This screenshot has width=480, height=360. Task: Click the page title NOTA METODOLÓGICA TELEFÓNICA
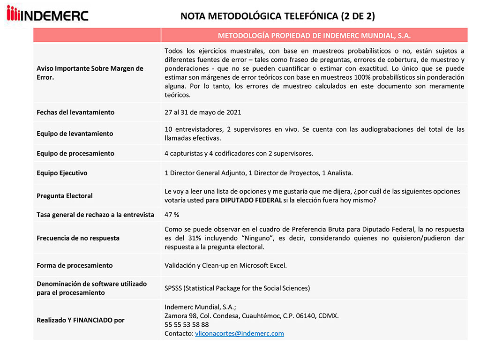pos(277,16)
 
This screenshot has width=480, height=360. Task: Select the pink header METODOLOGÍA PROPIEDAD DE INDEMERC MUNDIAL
pos(314,36)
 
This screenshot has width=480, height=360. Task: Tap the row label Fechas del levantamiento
pos(75,112)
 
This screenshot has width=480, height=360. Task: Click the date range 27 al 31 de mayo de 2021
pos(203,112)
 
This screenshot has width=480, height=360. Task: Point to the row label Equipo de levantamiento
pos(75,134)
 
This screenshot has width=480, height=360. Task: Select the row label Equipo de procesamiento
pos(75,153)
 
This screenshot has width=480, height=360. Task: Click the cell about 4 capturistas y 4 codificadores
pos(239,153)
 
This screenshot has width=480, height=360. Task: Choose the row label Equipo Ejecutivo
pos(62,173)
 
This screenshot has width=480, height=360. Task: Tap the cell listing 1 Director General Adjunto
pos(258,173)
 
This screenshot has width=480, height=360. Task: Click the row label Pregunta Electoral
pos(65,196)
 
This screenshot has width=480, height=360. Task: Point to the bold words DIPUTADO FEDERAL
pos(251,201)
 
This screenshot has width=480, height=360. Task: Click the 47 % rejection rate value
pos(172,215)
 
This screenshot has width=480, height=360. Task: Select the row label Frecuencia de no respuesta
pos(78,238)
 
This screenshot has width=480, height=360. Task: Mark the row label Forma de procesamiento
pos(75,265)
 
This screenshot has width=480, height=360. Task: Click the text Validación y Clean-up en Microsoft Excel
pos(225,265)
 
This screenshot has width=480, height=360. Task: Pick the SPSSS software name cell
pos(237,288)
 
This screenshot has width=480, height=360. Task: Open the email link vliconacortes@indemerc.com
pos(239,334)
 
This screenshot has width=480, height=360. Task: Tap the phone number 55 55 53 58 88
pos(187,324)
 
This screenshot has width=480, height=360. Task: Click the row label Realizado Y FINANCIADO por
pos(81,320)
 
